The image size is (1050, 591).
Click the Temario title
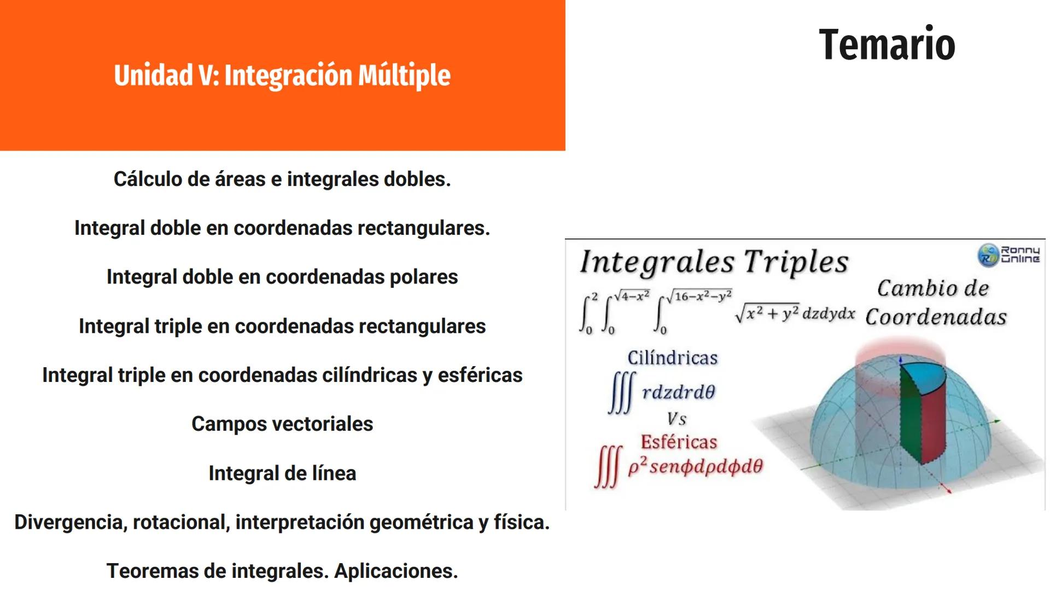[886, 44]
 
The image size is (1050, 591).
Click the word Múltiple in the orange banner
[404, 76]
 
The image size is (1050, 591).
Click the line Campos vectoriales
[282, 424]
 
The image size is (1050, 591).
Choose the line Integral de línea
[282, 473]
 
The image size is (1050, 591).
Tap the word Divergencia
[71, 522]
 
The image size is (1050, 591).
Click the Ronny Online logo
[1008, 255]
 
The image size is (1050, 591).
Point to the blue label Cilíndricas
[672, 358]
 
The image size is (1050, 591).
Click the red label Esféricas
[679, 442]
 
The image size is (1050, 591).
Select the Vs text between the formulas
[676, 419]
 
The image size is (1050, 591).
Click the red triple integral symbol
[608, 467]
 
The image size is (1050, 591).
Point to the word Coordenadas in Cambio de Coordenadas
[936, 317]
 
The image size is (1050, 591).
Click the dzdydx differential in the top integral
[828, 314]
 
